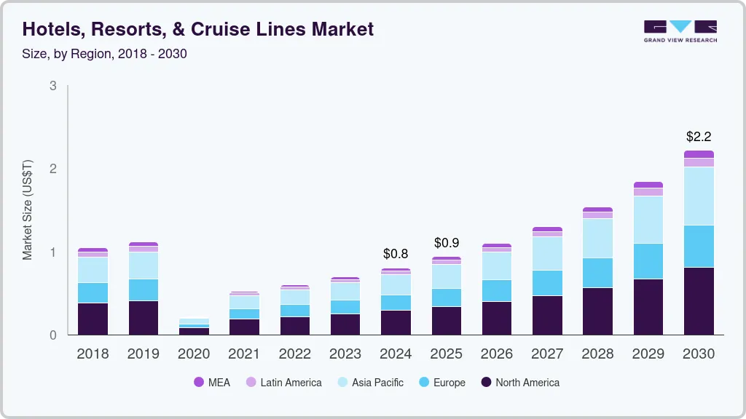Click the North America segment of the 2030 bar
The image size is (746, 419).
(699, 301)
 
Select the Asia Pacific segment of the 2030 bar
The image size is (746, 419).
(699, 196)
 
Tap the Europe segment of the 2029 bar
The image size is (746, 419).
(648, 261)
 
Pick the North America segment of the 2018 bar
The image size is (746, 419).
(93, 319)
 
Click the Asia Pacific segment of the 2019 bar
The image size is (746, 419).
(143, 266)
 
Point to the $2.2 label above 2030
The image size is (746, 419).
(699, 137)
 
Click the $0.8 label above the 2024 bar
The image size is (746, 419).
(396, 255)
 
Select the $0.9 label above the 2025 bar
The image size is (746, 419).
(447, 243)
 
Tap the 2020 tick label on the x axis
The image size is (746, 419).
(194, 354)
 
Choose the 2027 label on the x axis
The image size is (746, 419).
(547, 354)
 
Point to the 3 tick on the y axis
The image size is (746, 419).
(52, 86)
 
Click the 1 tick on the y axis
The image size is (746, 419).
(52, 252)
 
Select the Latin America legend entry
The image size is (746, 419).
(283, 383)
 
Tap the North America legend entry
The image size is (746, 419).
(520, 383)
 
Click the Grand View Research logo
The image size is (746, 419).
(680, 31)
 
